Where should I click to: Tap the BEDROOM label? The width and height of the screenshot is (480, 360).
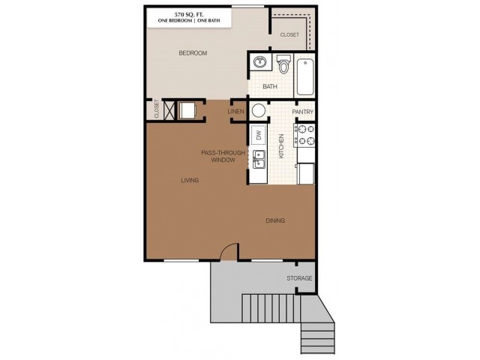pos(193,53)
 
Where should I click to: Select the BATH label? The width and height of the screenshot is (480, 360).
pos(270,86)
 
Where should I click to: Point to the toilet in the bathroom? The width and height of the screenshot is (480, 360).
pos(283,66)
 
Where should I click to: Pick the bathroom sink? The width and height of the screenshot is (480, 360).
pos(259,63)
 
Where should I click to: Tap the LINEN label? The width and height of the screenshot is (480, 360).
pos(236,112)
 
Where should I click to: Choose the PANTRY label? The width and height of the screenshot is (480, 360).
pos(302,112)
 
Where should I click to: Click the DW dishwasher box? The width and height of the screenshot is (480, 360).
pos(257,135)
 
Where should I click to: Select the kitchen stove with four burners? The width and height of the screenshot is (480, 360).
pos(305,135)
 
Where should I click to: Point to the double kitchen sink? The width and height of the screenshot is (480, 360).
pos(258,158)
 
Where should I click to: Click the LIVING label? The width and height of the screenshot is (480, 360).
pos(190,180)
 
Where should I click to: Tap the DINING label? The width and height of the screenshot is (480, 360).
pos(275,220)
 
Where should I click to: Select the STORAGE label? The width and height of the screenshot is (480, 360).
pos(299,278)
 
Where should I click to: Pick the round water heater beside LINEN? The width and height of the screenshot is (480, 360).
pos(259,111)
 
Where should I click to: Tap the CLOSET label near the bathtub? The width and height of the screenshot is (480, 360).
pos(289,35)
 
